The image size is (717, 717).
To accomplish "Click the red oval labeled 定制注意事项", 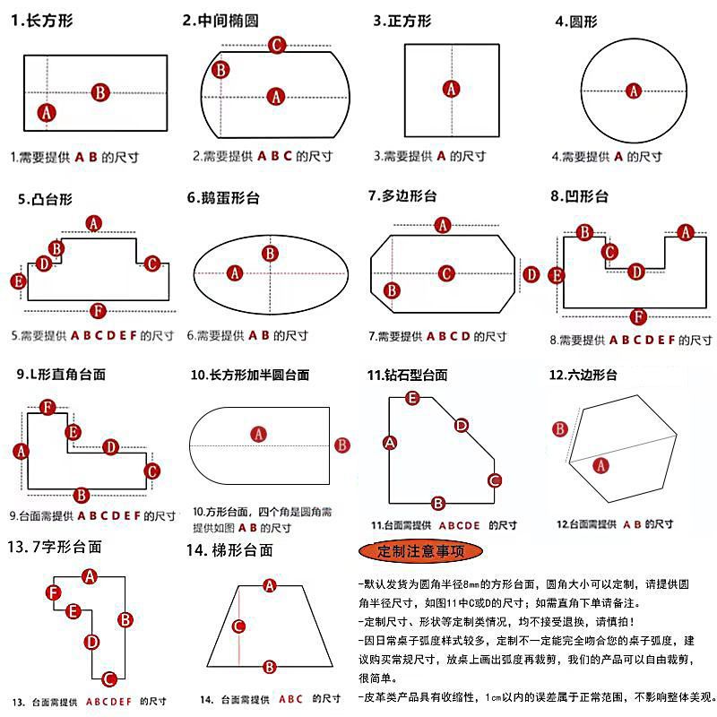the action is click(419, 549).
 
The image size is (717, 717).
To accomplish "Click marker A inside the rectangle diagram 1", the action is click(47, 112).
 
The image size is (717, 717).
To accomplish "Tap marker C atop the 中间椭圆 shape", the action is click(277, 44).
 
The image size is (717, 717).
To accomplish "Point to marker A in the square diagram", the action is click(452, 89).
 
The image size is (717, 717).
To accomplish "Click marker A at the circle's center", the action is click(634, 91).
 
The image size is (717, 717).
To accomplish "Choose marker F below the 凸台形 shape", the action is click(99, 311).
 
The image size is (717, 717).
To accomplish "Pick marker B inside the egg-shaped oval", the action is click(269, 254).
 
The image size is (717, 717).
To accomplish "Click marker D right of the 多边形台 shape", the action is click(531, 274).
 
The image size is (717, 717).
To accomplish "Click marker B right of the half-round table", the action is click(341, 445).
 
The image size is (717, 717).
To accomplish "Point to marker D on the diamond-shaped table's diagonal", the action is click(461, 426).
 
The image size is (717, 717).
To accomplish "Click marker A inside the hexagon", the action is click(601, 464).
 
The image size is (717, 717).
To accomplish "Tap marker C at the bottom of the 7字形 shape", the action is click(108, 678).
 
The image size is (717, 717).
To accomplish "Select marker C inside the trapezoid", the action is click(238, 626).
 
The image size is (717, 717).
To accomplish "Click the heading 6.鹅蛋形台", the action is click(223, 198).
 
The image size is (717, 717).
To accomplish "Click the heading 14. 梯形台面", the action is click(229, 549).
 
